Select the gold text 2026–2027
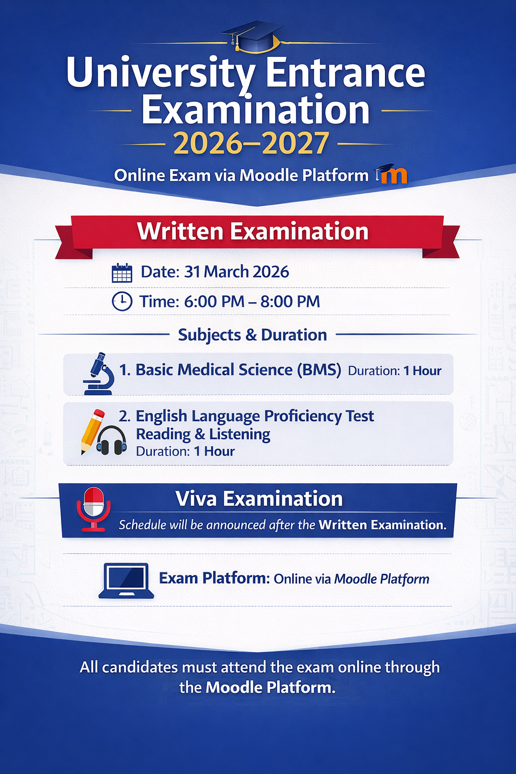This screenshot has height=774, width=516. [251, 144]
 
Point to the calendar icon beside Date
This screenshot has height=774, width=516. [122, 273]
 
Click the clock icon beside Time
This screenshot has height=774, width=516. [122, 301]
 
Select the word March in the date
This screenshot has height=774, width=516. [226, 272]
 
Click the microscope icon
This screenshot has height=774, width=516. [99, 373]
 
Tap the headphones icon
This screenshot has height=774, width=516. [111, 440]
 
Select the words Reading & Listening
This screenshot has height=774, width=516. [203, 434]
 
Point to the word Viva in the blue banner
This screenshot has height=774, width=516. [197, 498]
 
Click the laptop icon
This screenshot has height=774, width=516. [126, 581]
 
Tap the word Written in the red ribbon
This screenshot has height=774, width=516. [180, 231]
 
